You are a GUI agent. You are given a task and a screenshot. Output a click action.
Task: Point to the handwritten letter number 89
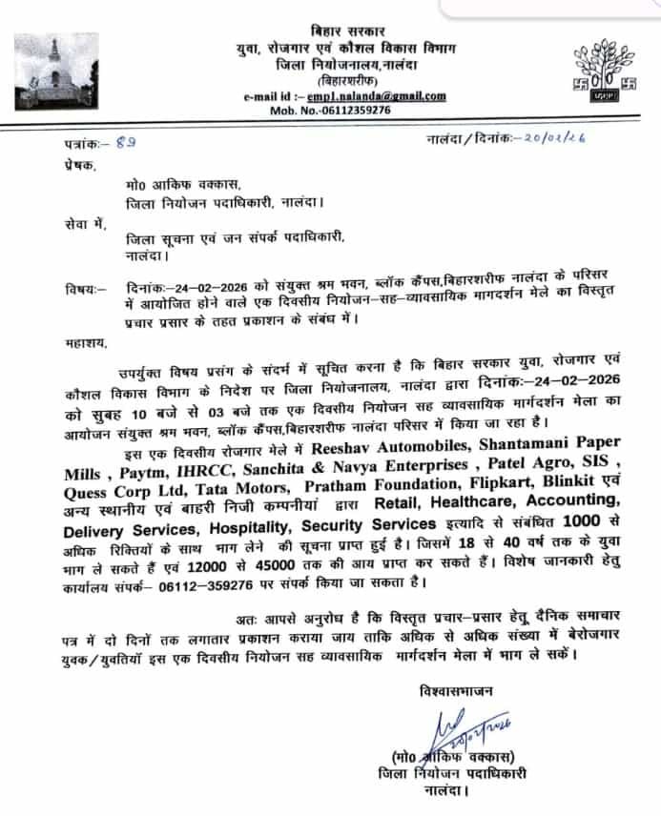pyautogui.click(x=124, y=142)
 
